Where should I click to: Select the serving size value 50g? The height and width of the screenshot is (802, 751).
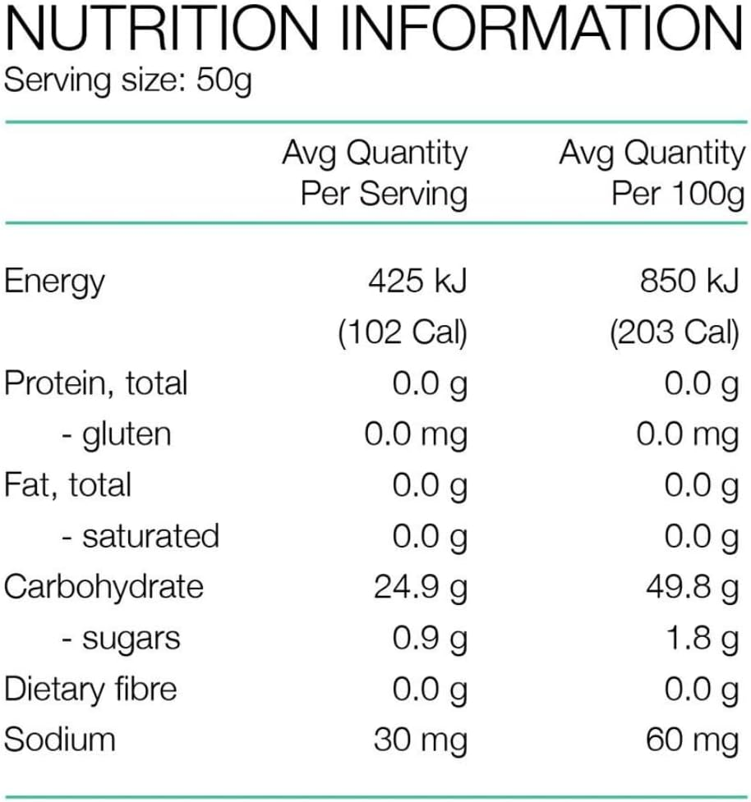(x=224, y=82)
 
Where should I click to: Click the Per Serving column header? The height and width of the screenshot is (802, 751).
(x=384, y=194)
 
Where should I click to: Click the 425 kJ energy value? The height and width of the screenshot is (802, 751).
(x=417, y=282)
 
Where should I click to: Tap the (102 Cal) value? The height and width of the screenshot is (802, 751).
(x=403, y=332)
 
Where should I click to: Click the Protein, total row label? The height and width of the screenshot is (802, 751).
(x=96, y=384)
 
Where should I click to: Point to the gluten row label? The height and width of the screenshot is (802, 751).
(x=117, y=435)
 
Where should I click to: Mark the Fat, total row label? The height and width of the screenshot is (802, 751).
(x=67, y=485)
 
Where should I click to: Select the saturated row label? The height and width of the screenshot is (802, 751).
(x=141, y=536)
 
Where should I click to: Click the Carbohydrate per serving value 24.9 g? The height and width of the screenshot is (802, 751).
(x=420, y=588)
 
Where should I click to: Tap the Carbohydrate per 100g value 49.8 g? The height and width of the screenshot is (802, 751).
(x=692, y=588)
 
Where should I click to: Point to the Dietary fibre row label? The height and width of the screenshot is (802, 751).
(x=90, y=689)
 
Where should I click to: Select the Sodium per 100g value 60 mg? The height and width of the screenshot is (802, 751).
(x=692, y=740)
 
